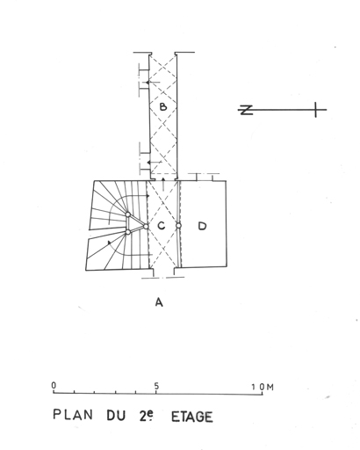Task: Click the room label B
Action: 163,106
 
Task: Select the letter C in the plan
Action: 161,226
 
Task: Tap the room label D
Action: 202,226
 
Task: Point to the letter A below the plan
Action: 159,302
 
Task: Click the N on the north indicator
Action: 247,110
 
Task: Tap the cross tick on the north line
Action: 315,110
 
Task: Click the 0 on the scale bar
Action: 54,385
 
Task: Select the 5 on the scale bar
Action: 157,386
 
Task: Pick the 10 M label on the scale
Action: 263,387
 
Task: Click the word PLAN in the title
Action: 73,415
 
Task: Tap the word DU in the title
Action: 116,416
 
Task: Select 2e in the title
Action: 146,416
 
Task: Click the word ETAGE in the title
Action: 192,417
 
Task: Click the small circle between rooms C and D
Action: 178,226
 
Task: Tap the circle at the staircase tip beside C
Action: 146,226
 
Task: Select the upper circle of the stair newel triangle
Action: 128,214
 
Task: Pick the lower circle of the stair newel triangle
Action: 128,232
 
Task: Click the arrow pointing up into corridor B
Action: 163,184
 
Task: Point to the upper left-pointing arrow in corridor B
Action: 153,83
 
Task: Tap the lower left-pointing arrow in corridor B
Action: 155,163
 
